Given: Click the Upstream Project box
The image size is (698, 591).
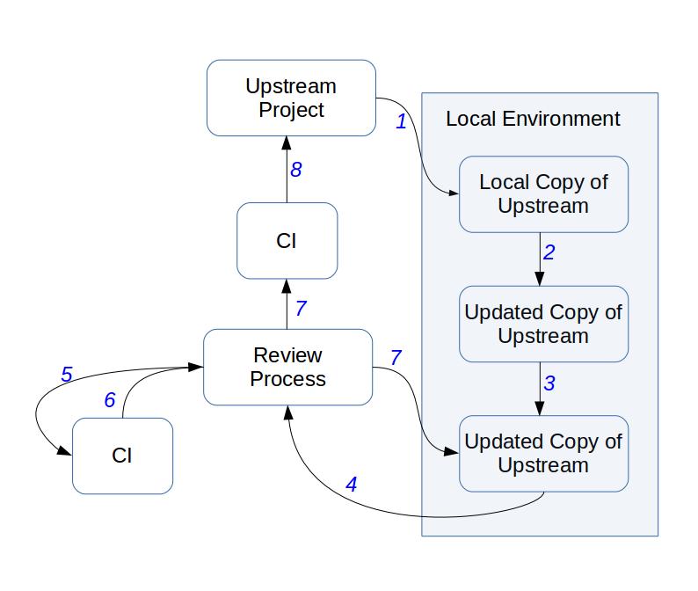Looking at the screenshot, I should [x=291, y=98].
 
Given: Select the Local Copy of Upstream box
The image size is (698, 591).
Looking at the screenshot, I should [x=543, y=194].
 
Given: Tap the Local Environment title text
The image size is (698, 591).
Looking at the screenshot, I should [x=533, y=119].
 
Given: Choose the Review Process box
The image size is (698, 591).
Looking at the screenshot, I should [x=287, y=368].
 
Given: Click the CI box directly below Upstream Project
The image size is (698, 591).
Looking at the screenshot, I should [x=287, y=241].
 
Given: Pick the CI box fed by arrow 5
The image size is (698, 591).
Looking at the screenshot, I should [x=122, y=456].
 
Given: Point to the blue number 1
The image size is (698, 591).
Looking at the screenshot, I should [x=402, y=122].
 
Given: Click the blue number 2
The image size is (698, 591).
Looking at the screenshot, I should [x=549, y=253].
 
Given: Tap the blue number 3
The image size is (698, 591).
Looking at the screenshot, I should [x=549, y=383].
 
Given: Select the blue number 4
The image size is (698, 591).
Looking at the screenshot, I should [x=352, y=484].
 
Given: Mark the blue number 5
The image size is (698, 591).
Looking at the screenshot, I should [x=66, y=375].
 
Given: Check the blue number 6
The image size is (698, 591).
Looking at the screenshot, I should [x=110, y=401].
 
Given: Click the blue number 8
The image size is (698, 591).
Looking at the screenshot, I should [x=296, y=170].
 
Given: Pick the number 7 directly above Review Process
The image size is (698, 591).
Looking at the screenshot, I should [x=301, y=308].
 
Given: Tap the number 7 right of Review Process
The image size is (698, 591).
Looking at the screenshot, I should [x=396, y=358].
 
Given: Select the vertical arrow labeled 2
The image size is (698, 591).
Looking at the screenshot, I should [x=539, y=259].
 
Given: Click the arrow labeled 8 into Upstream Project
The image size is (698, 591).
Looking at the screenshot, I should [x=287, y=170].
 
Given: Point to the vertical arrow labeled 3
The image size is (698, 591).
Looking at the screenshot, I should [x=539, y=388].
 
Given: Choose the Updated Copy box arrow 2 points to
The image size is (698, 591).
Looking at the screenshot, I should [x=543, y=324].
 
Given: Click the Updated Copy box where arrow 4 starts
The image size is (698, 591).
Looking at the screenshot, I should [x=543, y=453].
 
